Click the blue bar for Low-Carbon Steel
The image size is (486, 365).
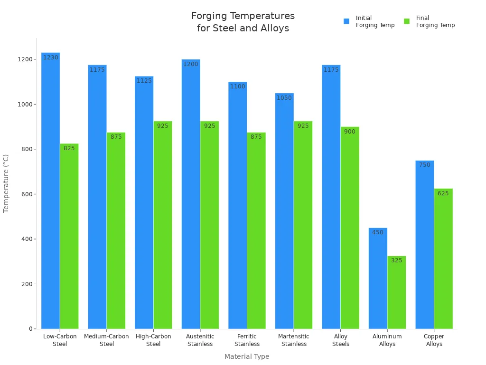click(50, 191)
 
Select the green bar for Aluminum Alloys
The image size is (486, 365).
click(396, 292)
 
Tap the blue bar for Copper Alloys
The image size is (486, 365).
click(424, 245)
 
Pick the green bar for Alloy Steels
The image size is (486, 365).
click(350, 228)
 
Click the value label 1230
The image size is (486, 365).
click(50, 58)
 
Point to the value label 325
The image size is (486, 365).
click(396, 260)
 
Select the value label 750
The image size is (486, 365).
click(424, 165)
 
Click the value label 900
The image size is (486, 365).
click(350, 132)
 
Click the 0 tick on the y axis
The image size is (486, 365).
click(30, 329)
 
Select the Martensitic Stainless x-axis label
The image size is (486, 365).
click(293, 340)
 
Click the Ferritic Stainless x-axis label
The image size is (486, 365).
click(247, 340)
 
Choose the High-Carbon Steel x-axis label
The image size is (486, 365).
click(153, 340)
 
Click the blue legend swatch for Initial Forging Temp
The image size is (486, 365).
click(346, 21)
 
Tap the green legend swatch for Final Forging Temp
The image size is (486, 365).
click(407, 21)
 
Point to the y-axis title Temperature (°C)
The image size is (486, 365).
click(6, 183)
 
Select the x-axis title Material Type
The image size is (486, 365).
click(247, 356)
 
